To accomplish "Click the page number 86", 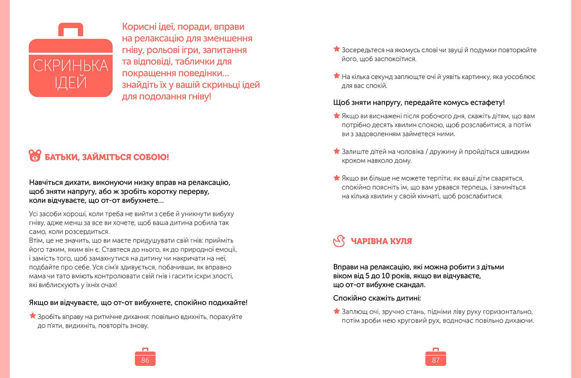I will (145, 360).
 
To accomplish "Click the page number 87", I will (435, 360).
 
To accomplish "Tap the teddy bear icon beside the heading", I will (35, 156).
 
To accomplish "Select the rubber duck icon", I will (339, 241).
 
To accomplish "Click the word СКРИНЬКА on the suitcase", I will (70, 66).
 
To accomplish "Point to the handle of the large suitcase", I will (70, 29).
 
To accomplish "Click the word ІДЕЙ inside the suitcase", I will (70, 83).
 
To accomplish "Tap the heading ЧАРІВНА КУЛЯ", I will (381, 241).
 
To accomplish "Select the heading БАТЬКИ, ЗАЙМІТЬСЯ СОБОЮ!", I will (107, 157).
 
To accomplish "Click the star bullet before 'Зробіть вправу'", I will (33, 316).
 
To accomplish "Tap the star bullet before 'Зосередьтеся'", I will (337, 49).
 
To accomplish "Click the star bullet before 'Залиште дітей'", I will (337, 151).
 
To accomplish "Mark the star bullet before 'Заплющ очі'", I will (337, 311).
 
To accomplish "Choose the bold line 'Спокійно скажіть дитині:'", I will (377, 298).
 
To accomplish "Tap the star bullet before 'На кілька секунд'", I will (337, 76).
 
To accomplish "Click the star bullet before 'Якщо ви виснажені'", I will (337, 116).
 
